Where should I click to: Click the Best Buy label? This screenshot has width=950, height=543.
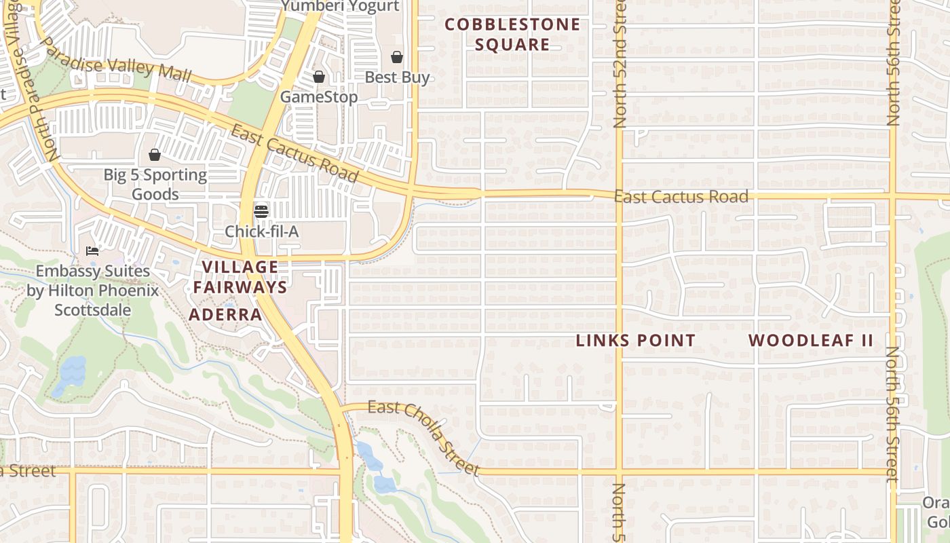[397, 77]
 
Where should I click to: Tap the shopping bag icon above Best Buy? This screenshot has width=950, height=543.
[396, 57]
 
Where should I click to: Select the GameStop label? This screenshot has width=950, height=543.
[319, 97]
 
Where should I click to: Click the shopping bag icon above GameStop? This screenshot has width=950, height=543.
[318, 77]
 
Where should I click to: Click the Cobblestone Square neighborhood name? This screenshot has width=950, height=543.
[512, 35]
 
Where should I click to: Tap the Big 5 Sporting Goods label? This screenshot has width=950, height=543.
[155, 185]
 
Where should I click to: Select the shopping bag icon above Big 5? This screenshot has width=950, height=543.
[155, 155]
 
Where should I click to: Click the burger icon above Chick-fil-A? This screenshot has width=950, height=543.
[261, 211]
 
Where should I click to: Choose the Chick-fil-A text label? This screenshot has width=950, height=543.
[262, 231]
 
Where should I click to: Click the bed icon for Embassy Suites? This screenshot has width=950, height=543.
[92, 251]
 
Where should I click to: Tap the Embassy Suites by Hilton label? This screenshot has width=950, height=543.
[92, 291]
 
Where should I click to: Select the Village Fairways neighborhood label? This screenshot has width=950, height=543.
[240, 277]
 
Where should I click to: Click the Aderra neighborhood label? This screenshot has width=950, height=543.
[225, 315]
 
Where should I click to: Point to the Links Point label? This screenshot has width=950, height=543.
[636, 341]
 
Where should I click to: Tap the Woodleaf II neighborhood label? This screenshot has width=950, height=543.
[811, 341]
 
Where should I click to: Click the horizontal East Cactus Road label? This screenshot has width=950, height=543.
[681, 197]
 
